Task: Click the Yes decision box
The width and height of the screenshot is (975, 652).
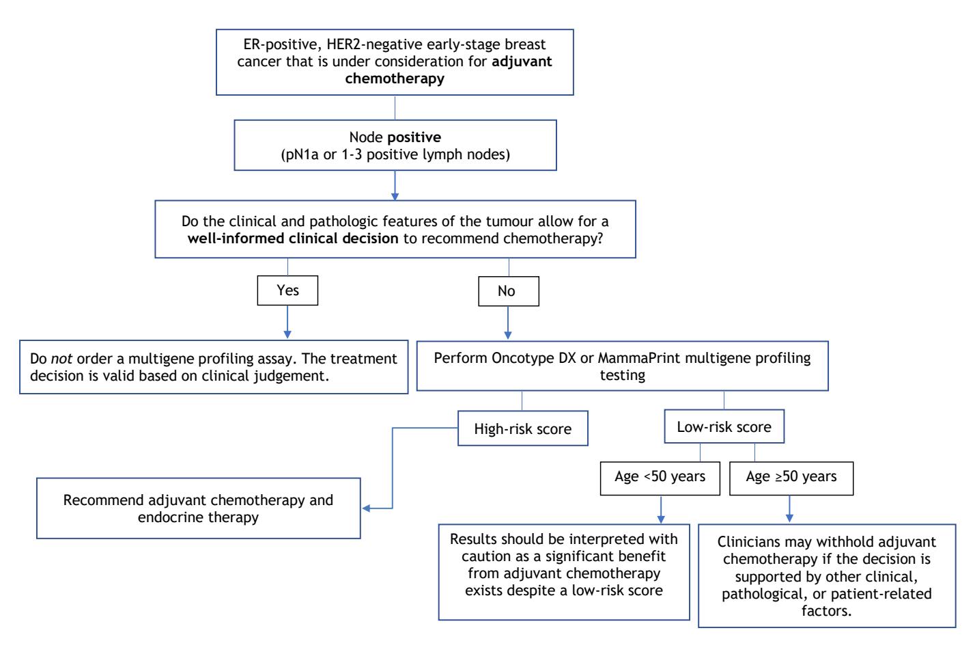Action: tap(287, 290)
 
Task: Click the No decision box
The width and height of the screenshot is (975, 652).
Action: tap(509, 291)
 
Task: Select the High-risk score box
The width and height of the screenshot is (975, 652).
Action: tap(523, 429)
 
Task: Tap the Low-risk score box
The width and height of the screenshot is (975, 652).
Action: tap(724, 426)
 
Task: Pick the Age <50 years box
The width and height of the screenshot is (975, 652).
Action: tap(660, 478)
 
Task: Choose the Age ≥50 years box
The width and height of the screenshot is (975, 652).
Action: tap(791, 478)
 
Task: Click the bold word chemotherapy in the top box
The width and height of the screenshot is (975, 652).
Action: tap(395, 79)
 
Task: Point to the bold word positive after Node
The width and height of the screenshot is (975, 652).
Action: tap(414, 138)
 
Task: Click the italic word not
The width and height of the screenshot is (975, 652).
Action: tap(61, 359)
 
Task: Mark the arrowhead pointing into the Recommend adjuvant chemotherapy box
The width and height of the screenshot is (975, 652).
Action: tap(366, 508)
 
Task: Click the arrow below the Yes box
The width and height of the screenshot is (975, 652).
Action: tap(287, 322)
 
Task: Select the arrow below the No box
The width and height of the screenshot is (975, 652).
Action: tap(508, 323)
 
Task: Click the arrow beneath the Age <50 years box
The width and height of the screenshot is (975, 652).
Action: tap(661, 509)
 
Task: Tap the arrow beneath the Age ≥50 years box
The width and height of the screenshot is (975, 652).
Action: tap(789, 509)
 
